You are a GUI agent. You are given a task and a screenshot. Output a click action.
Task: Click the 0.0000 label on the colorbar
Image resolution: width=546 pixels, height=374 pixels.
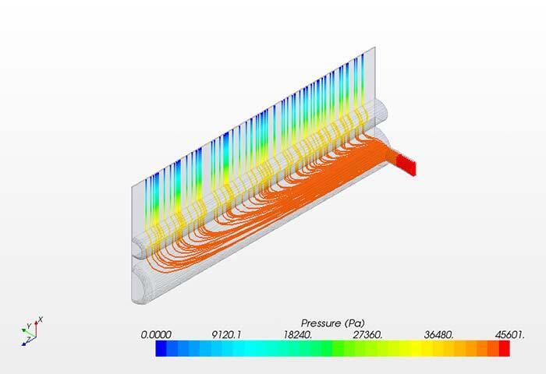pos(156,333)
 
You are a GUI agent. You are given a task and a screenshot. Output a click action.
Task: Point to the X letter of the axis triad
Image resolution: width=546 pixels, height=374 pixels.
pos(41,319)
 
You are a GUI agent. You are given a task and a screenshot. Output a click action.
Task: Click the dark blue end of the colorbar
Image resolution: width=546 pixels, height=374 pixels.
pos(160,350)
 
